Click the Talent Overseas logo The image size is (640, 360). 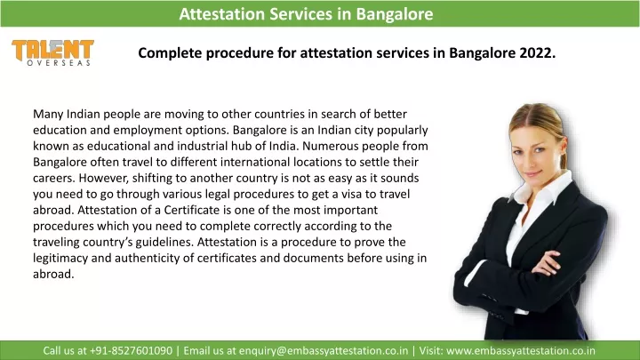pos(52,52)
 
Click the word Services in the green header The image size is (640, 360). pos(300,14)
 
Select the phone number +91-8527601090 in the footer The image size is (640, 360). pos(131,350)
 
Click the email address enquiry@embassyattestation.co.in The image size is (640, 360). pos(324,350)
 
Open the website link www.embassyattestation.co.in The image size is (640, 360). pos(520,350)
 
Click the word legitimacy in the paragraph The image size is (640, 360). pos(60,259)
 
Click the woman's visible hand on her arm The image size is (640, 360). pos(547,263)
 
